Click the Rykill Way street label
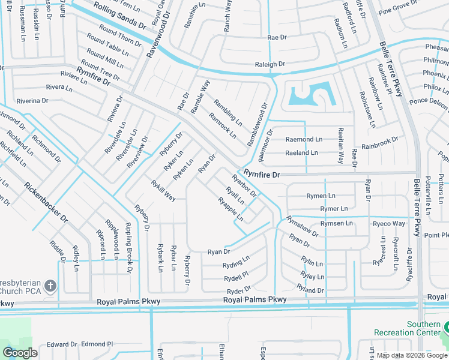[x=163, y=190]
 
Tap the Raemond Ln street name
[x=304, y=139]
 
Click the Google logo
[x=20, y=353]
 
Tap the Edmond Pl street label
[x=97, y=344]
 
